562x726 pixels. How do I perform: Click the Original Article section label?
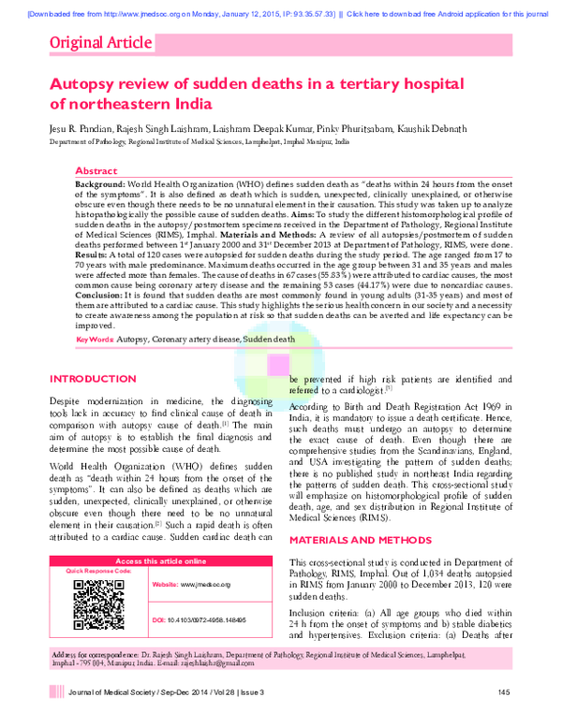(x=99, y=42)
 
